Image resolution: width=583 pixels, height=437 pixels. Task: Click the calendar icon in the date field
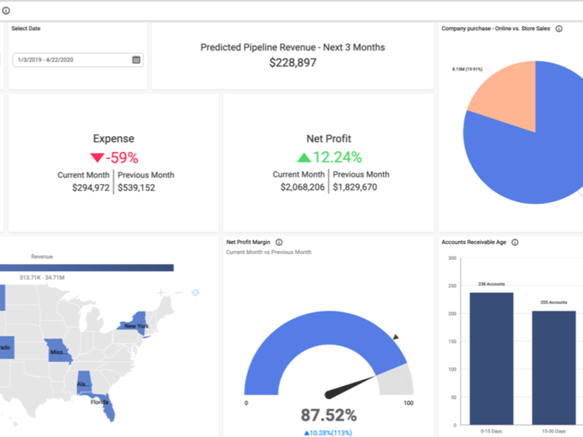(136, 59)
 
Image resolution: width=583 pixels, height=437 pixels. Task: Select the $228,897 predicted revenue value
(293, 62)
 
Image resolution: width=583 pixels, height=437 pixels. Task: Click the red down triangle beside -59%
(97, 158)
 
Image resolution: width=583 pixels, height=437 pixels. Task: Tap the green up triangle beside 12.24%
(304, 157)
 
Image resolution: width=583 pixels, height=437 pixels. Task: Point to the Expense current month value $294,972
(90, 188)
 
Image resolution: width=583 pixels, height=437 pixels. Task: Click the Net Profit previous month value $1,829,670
(355, 188)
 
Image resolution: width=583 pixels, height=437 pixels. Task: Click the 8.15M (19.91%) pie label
(467, 69)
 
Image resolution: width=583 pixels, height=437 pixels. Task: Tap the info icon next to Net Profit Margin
(279, 242)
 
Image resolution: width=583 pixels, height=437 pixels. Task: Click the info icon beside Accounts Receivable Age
(515, 242)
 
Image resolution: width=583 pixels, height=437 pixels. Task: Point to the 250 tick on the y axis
(451, 286)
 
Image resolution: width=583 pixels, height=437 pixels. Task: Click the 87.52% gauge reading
(328, 415)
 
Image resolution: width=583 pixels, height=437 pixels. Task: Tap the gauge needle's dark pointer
(350, 387)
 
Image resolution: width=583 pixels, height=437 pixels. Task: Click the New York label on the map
(136, 326)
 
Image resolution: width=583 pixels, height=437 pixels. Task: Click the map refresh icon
(195, 292)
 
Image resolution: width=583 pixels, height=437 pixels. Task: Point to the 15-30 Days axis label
(553, 431)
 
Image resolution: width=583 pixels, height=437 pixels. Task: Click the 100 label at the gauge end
(408, 403)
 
